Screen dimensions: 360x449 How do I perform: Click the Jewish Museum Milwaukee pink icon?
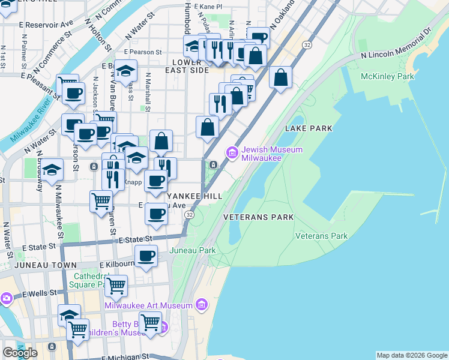232,153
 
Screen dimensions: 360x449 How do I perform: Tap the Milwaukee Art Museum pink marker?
202,305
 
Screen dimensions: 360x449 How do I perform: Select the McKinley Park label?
387,77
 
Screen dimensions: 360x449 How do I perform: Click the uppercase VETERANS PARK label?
258,217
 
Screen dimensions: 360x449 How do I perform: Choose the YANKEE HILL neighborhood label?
194,196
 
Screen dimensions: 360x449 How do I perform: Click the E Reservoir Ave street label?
46,25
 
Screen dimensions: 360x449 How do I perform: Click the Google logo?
20,352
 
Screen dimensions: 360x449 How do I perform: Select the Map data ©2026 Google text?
411,355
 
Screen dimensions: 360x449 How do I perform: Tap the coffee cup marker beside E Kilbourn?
145,257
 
